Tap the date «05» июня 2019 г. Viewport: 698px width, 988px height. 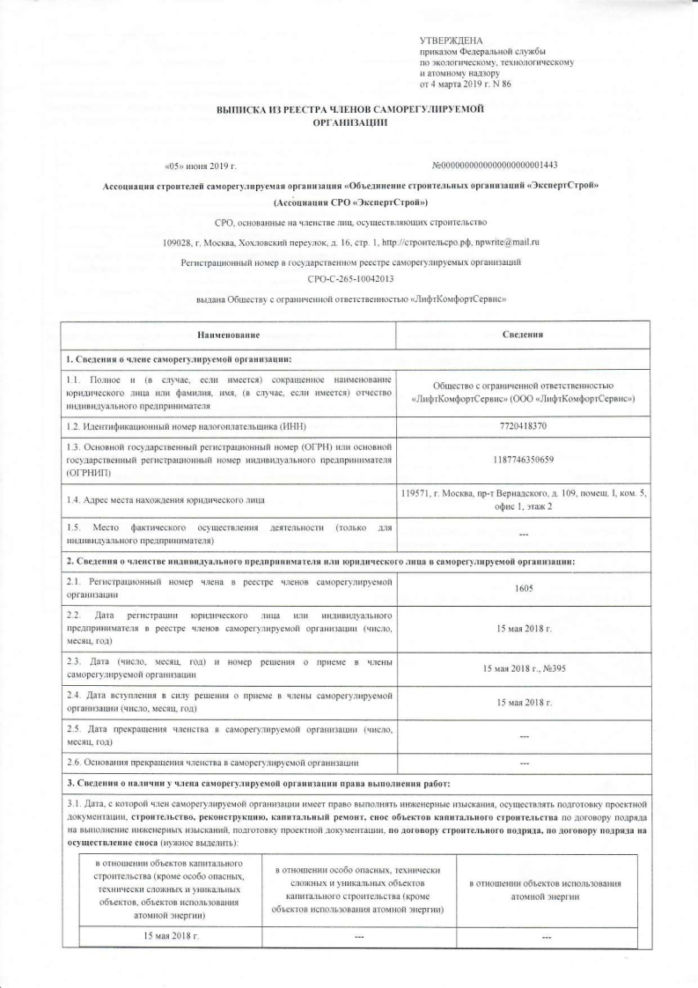click(x=201, y=166)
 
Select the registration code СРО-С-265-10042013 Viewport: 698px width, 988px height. click(x=349, y=278)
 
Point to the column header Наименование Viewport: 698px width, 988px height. click(x=228, y=335)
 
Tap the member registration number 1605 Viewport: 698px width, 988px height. click(x=524, y=591)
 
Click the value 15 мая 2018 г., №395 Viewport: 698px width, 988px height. click(x=524, y=668)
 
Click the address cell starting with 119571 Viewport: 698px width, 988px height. click(x=524, y=499)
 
